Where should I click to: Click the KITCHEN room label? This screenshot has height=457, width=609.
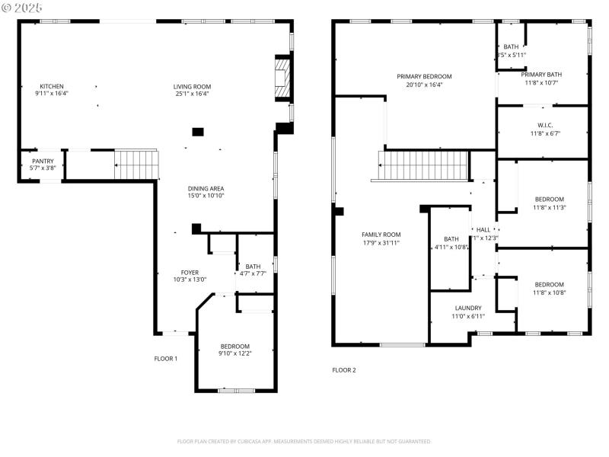[x=51, y=86]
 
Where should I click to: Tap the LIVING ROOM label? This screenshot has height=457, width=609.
[x=192, y=86]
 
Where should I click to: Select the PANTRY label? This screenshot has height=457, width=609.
[x=43, y=161]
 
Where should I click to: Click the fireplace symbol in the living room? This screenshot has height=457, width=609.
[x=282, y=78]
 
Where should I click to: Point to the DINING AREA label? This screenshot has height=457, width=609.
[x=206, y=188]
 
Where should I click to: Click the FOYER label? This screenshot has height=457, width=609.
[x=190, y=272]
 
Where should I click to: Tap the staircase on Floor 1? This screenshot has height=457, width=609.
[x=136, y=165]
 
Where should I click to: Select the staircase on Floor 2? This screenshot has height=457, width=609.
[x=422, y=165]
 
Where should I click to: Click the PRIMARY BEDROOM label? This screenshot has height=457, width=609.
[x=424, y=76]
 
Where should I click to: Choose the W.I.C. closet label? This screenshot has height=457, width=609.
[x=544, y=125]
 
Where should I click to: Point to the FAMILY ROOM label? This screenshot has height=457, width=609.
[x=381, y=235]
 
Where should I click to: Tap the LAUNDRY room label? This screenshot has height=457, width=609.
[x=468, y=308]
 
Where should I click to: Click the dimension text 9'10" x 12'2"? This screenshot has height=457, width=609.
[x=234, y=353]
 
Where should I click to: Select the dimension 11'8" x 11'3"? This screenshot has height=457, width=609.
[x=549, y=207]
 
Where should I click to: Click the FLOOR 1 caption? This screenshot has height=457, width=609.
[x=166, y=358]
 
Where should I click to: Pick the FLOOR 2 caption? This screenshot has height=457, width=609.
[x=344, y=370]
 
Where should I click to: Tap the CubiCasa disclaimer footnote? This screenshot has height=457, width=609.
[x=304, y=441]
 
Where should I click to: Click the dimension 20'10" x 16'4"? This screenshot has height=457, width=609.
[x=424, y=85]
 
